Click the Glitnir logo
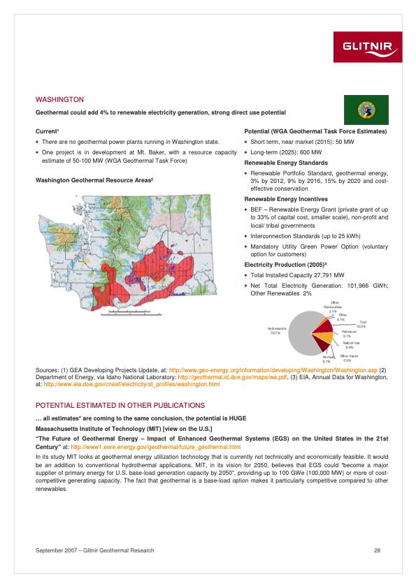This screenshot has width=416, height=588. click(371, 47)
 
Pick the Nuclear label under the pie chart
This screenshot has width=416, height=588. click(327, 358)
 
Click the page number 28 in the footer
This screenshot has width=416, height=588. click(377, 552)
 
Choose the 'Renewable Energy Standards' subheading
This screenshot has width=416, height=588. click(285, 162)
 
